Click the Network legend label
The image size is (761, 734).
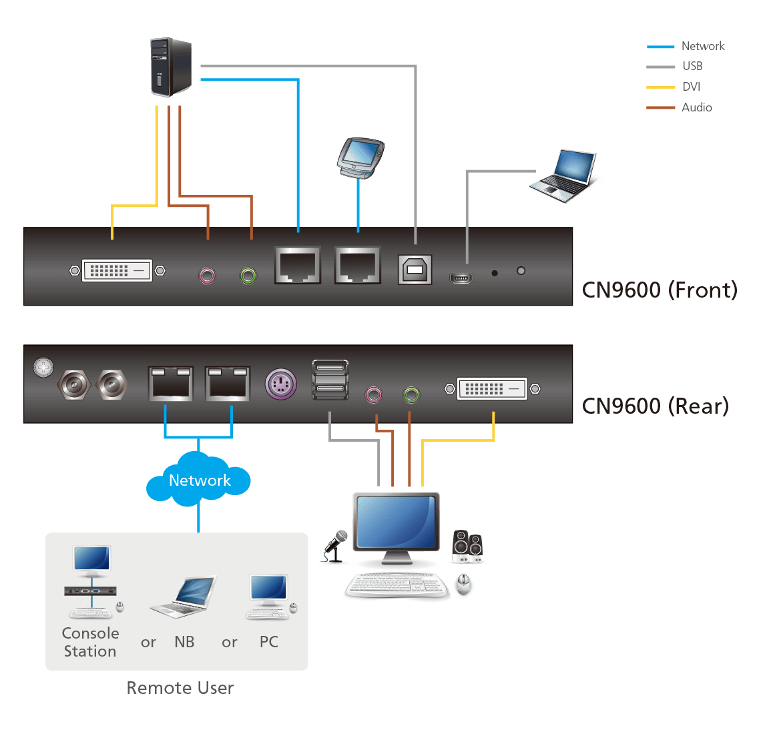click(x=702, y=46)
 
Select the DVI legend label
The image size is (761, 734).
click(x=691, y=87)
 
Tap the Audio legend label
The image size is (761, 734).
click(x=696, y=107)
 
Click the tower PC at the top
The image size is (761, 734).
click(x=171, y=67)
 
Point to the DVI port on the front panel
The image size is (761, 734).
click(x=117, y=270)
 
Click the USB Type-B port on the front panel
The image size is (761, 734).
click(x=415, y=269)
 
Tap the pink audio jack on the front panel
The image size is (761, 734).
click(x=208, y=274)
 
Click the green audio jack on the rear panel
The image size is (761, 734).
click(x=411, y=395)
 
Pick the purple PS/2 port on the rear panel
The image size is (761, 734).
click(x=280, y=384)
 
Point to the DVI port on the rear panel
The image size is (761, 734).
click(x=492, y=388)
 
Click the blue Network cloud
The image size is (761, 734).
click(x=199, y=480)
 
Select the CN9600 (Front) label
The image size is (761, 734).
click(x=660, y=290)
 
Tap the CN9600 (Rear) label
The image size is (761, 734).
click(x=655, y=406)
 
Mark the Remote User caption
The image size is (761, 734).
click(x=180, y=688)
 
